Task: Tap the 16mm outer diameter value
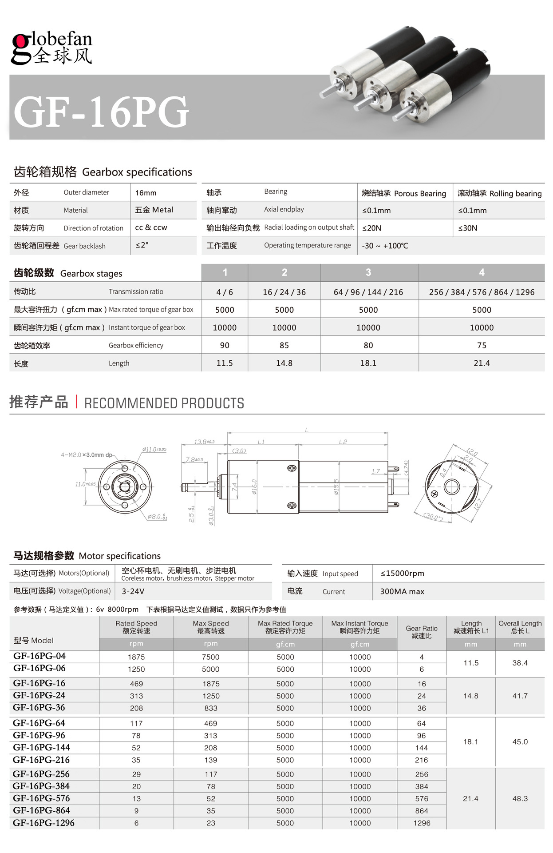[x=146, y=193]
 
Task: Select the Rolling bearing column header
[x=499, y=193]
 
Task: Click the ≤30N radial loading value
[x=468, y=228]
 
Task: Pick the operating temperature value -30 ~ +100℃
[x=385, y=246]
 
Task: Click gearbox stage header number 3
[x=368, y=273]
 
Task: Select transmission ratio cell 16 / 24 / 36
[x=284, y=292]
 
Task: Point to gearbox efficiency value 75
[x=482, y=346]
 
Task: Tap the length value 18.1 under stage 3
[x=368, y=363]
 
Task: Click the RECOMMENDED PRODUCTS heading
[x=164, y=403]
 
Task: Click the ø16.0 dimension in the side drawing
[x=254, y=486]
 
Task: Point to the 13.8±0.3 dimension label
[x=204, y=442]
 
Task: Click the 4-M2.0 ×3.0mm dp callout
[x=87, y=455]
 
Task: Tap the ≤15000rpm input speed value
[x=402, y=574]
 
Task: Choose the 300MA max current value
[x=402, y=592]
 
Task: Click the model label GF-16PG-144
[x=42, y=747]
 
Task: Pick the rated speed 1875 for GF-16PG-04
[x=136, y=657]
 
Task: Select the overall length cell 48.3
[x=520, y=798]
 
